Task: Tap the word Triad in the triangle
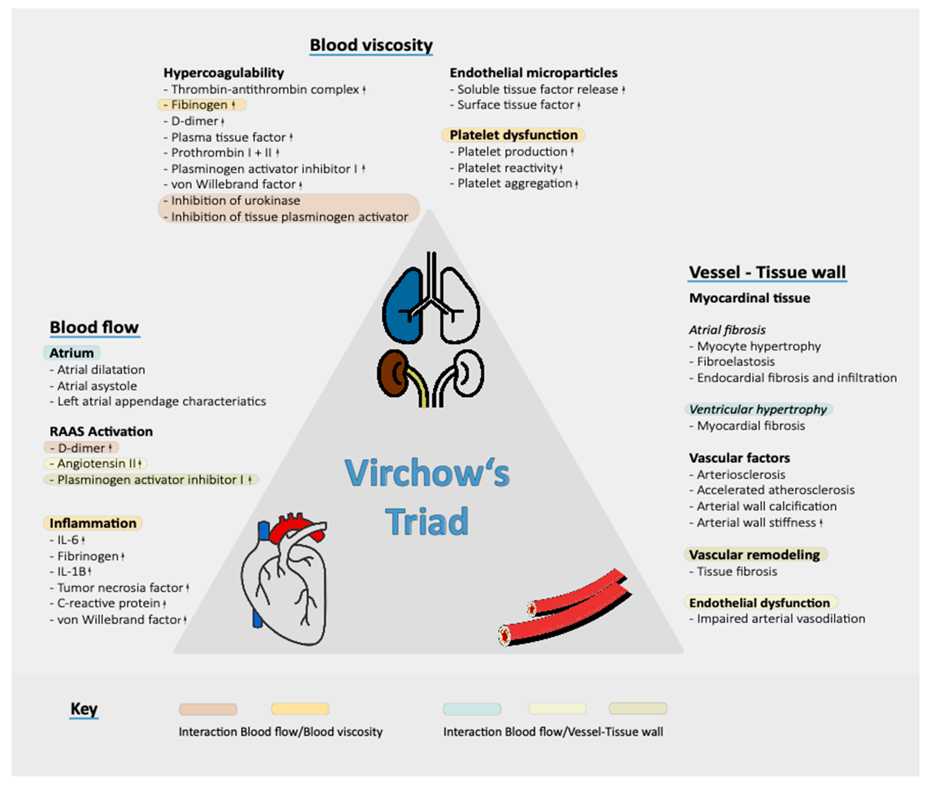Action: click(x=426, y=522)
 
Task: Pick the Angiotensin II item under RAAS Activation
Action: click(x=96, y=464)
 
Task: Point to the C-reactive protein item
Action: click(x=109, y=603)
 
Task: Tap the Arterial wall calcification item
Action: click(x=766, y=506)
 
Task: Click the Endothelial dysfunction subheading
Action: click(x=759, y=603)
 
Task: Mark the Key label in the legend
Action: click(x=84, y=709)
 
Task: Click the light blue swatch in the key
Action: click(x=472, y=709)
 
